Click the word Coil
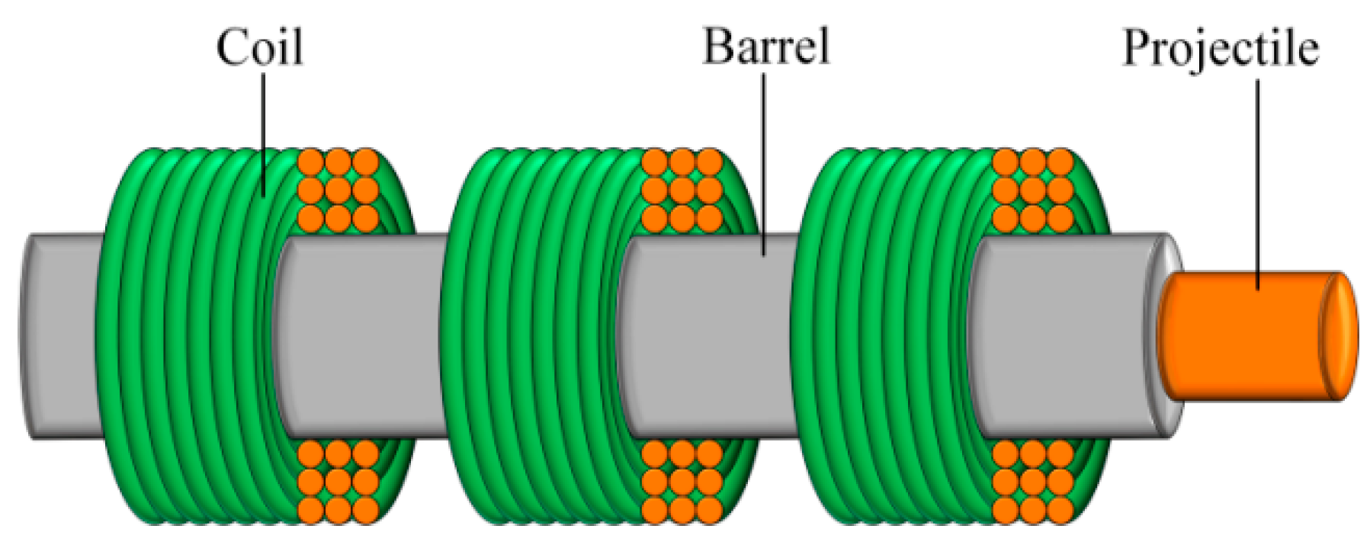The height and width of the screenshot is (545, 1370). (260, 47)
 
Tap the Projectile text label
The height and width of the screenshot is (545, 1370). (1220, 50)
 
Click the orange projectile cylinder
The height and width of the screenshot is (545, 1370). (1243, 335)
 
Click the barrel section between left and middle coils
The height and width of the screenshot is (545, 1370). (358, 335)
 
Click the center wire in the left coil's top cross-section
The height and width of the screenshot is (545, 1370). (338, 190)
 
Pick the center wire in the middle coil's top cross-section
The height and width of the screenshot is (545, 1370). (682, 190)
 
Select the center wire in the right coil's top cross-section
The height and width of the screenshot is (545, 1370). (1032, 190)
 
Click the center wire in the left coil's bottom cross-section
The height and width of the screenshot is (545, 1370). (338, 482)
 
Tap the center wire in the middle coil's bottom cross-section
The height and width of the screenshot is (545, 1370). (682, 482)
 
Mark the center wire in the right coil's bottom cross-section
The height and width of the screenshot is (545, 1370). (1032, 482)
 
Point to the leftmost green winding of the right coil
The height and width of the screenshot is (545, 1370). (797, 335)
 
